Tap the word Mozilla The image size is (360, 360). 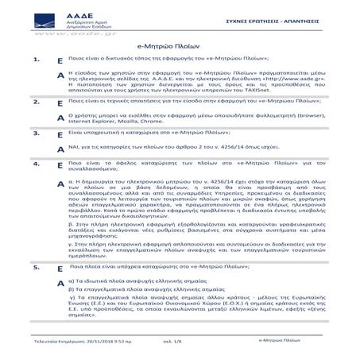pyautogui.click(x=126, y=122)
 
